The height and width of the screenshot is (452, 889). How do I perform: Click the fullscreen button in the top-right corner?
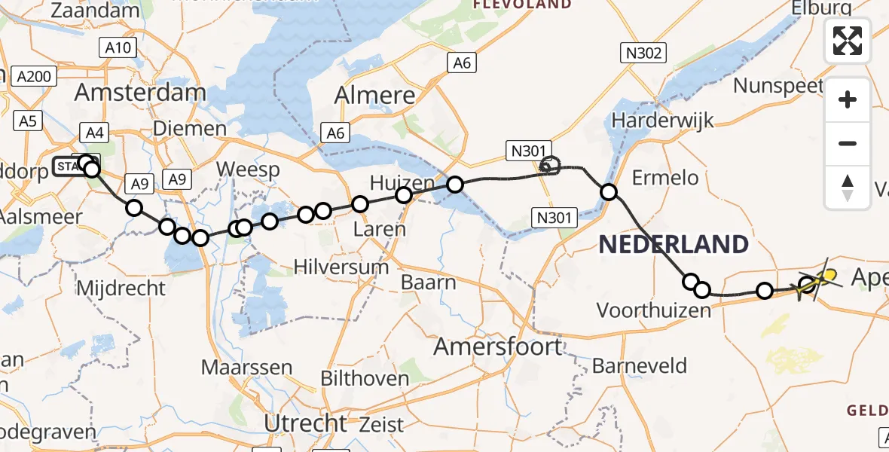[848, 41]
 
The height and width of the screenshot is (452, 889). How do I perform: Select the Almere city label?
[374, 96]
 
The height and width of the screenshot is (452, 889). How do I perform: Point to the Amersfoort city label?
[498, 347]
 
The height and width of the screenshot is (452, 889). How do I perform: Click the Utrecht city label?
[305, 423]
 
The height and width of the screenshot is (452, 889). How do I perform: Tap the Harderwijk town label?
[663, 120]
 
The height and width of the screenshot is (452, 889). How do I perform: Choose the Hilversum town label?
[341, 267]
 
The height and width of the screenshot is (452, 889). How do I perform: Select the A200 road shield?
[34, 76]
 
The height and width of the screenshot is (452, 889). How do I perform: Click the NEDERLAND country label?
[674, 244]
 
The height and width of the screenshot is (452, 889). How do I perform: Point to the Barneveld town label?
[640, 366]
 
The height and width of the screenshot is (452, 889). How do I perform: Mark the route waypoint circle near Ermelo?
[609, 192]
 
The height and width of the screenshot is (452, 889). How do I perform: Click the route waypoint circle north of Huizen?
[455, 185]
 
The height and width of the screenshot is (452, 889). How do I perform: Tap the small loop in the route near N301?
[551, 165]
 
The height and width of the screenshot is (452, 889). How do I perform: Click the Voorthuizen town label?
[654, 310]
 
